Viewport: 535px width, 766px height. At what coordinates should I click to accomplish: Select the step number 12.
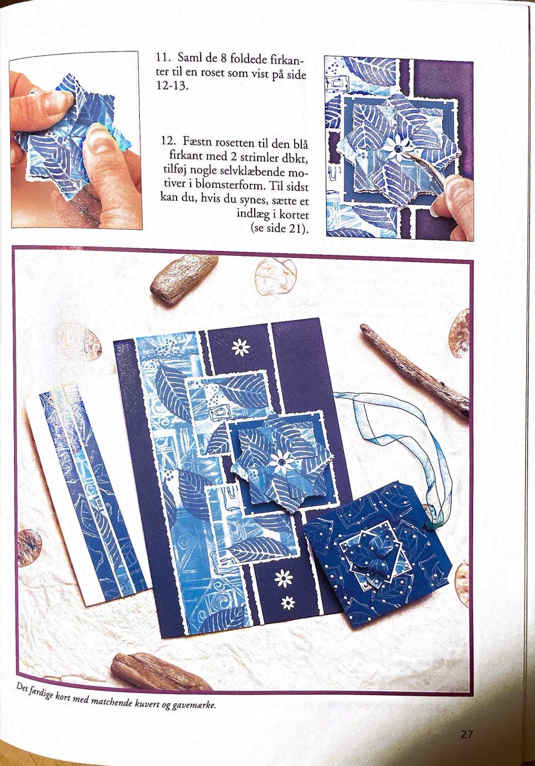point(169,140)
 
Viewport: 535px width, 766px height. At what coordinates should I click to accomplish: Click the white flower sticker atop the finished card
point(241,348)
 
